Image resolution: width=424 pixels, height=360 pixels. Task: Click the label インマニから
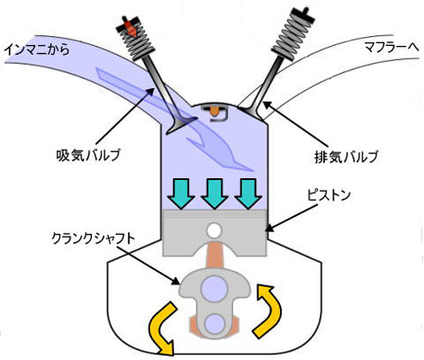36,49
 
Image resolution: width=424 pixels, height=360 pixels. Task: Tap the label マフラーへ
392,47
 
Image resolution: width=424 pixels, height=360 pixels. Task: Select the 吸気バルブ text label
88,155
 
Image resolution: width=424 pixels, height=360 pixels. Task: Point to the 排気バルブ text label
346,157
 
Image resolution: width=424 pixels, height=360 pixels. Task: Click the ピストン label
329,195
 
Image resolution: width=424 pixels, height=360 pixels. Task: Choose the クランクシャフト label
93,238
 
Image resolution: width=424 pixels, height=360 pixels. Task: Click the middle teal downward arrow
214,193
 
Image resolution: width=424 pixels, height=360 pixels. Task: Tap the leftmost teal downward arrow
181,193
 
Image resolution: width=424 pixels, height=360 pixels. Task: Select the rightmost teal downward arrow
248,193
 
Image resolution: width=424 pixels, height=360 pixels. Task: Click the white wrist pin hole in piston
215,230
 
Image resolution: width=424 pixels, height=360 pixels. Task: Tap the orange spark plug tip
214,112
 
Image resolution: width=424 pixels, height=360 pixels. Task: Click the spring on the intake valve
136,40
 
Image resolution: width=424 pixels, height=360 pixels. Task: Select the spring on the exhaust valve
290,35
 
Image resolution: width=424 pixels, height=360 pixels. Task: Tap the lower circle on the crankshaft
215,323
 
